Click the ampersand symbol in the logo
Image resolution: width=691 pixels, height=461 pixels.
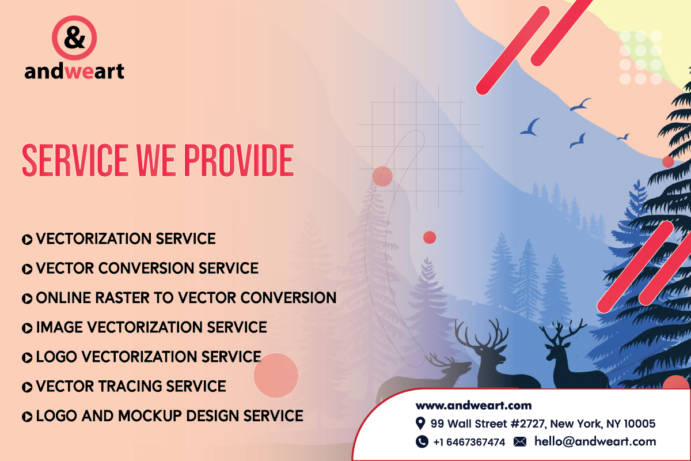pyautogui.click(x=74, y=37)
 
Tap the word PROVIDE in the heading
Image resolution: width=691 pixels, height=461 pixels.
pyautogui.click(x=239, y=160)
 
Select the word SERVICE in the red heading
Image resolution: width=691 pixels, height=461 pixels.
pyautogui.click(x=75, y=160)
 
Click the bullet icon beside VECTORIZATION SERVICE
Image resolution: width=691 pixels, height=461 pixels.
pyautogui.click(x=27, y=240)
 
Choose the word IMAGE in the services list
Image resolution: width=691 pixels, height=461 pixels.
pyautogui.click(x=59, y=327)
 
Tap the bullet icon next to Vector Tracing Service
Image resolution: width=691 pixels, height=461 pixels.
pyautogui.click(x=27, y=387)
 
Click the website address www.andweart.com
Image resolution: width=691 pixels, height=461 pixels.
pyautogui.click(x=473, y=406)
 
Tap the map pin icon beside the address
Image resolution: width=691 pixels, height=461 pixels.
pyautogui.click(x=420, y=424)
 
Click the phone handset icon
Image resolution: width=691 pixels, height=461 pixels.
pyautogui.click(x=422, y=441)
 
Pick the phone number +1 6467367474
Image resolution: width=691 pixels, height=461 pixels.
pyautogui.click(x=469, y=442)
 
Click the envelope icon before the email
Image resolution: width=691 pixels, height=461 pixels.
pyautogui.click(x=520, y=441)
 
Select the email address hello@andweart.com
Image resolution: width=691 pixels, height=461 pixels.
pyautogui.click(x=595, y=441)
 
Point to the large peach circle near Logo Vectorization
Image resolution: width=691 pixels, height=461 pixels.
pyautogui.click(x=276, y=376)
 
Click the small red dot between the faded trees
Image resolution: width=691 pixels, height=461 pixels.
pyautogui.click(x=430, y=237)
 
